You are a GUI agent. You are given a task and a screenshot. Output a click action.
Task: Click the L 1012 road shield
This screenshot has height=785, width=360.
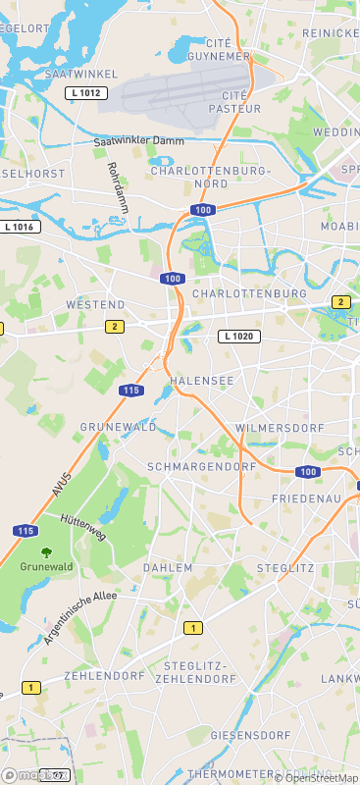(85, 92)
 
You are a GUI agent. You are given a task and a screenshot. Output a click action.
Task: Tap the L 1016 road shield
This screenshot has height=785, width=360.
(20, 227)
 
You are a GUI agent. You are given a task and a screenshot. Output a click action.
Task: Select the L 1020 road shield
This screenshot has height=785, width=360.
(238, 336)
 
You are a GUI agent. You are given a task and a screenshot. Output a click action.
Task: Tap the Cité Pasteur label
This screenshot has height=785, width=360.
(241, 102)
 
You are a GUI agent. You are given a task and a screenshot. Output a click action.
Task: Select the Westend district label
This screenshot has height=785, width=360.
(95, 305)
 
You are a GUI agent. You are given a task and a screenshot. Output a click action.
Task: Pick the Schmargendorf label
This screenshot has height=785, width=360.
(201, 466)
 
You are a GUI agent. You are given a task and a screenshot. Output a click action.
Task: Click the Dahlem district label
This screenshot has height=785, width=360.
(161, 568)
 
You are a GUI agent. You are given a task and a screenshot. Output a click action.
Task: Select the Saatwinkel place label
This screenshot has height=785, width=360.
(81, 74)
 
